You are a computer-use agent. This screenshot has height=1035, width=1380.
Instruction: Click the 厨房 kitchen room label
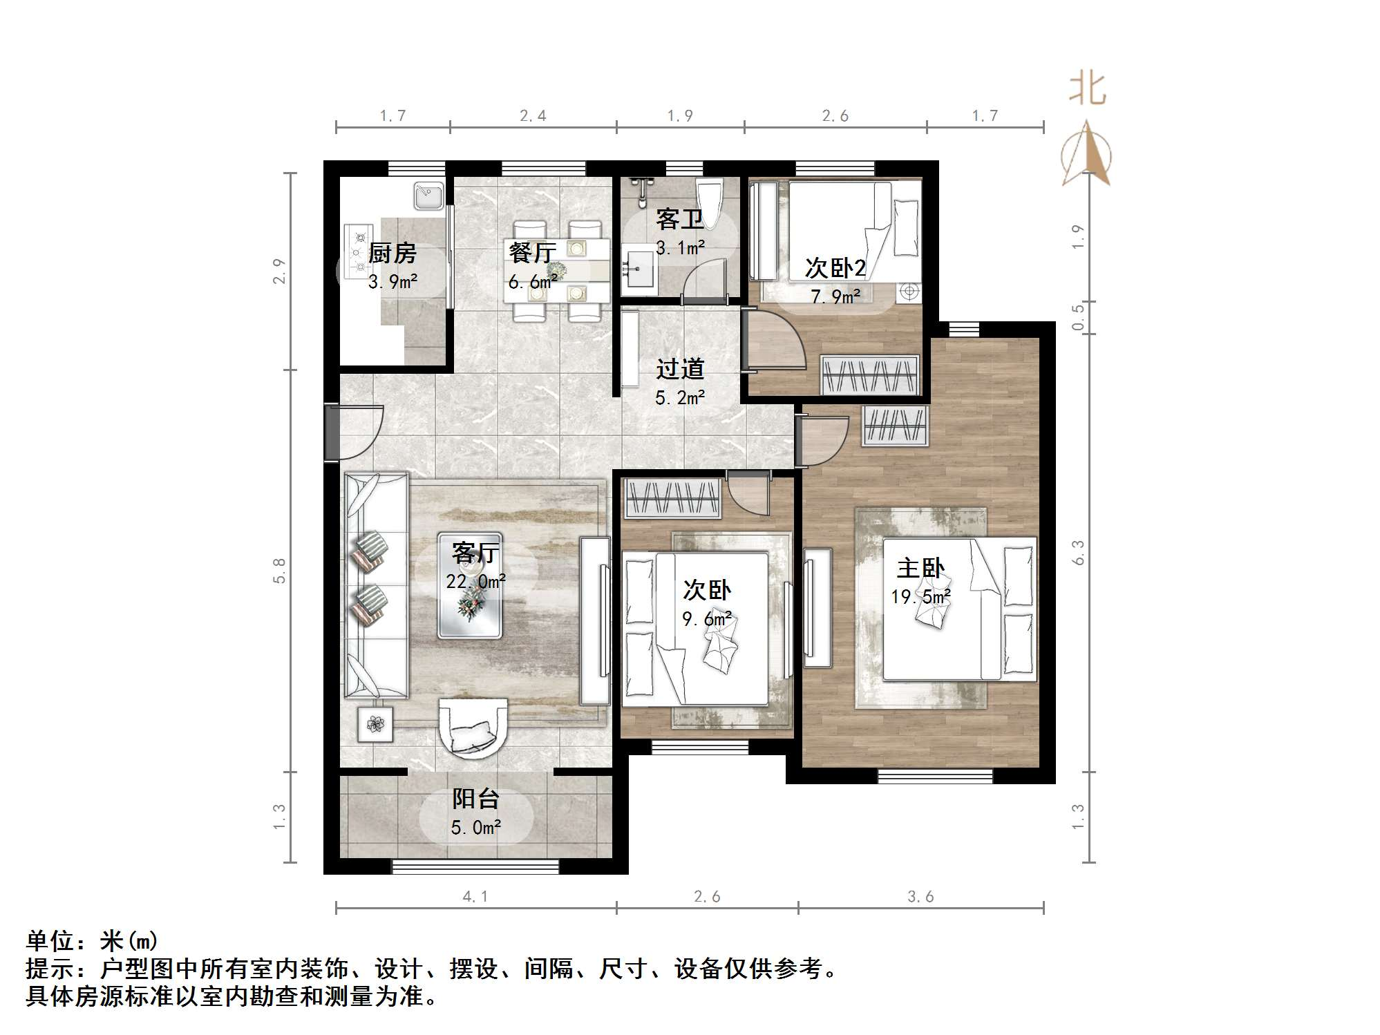[x=392, y=254]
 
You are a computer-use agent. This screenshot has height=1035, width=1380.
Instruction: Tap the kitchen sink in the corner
[x=428, y=196]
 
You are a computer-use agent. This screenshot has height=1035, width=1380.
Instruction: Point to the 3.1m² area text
[x=680, y=247]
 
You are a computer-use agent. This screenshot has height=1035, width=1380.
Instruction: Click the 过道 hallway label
[x=680, y=369]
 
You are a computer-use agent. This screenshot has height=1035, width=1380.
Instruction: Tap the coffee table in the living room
[x=470, y=586]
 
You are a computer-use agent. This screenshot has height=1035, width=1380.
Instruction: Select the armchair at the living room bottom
[x=474, y=728]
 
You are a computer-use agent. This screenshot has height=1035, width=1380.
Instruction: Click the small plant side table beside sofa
[x=375, y=724]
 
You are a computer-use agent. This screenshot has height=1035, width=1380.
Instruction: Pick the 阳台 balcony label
[x=475, y=799]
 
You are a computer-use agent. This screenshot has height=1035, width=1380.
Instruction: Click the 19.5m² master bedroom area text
[x=920, y=596]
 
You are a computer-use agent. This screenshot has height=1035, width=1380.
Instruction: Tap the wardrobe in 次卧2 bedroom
[x=870, y=375]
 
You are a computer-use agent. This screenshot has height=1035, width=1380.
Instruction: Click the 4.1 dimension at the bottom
[x=475, y=897]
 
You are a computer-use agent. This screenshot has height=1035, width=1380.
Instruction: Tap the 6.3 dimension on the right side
[x=1078, y=553]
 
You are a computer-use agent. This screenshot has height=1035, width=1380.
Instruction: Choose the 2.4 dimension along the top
[x=533, y=116]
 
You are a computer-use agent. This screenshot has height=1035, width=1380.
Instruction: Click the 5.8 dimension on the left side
[x=279, y=571]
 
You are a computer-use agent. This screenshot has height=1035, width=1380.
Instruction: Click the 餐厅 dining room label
[x=532, y=252]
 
